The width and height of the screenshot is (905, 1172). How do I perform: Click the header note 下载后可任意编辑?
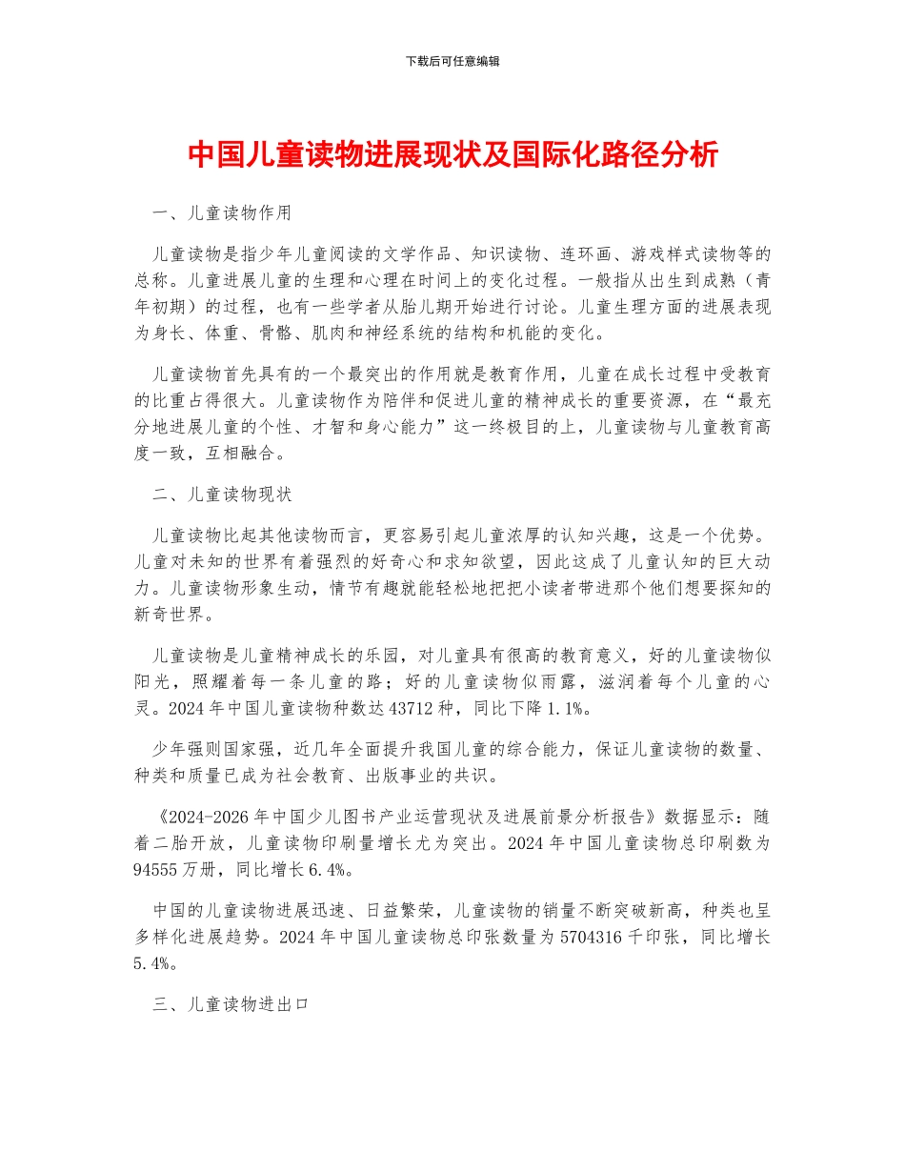(x=452, y=61)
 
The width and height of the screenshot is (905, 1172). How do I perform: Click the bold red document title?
(x=452, y=154)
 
